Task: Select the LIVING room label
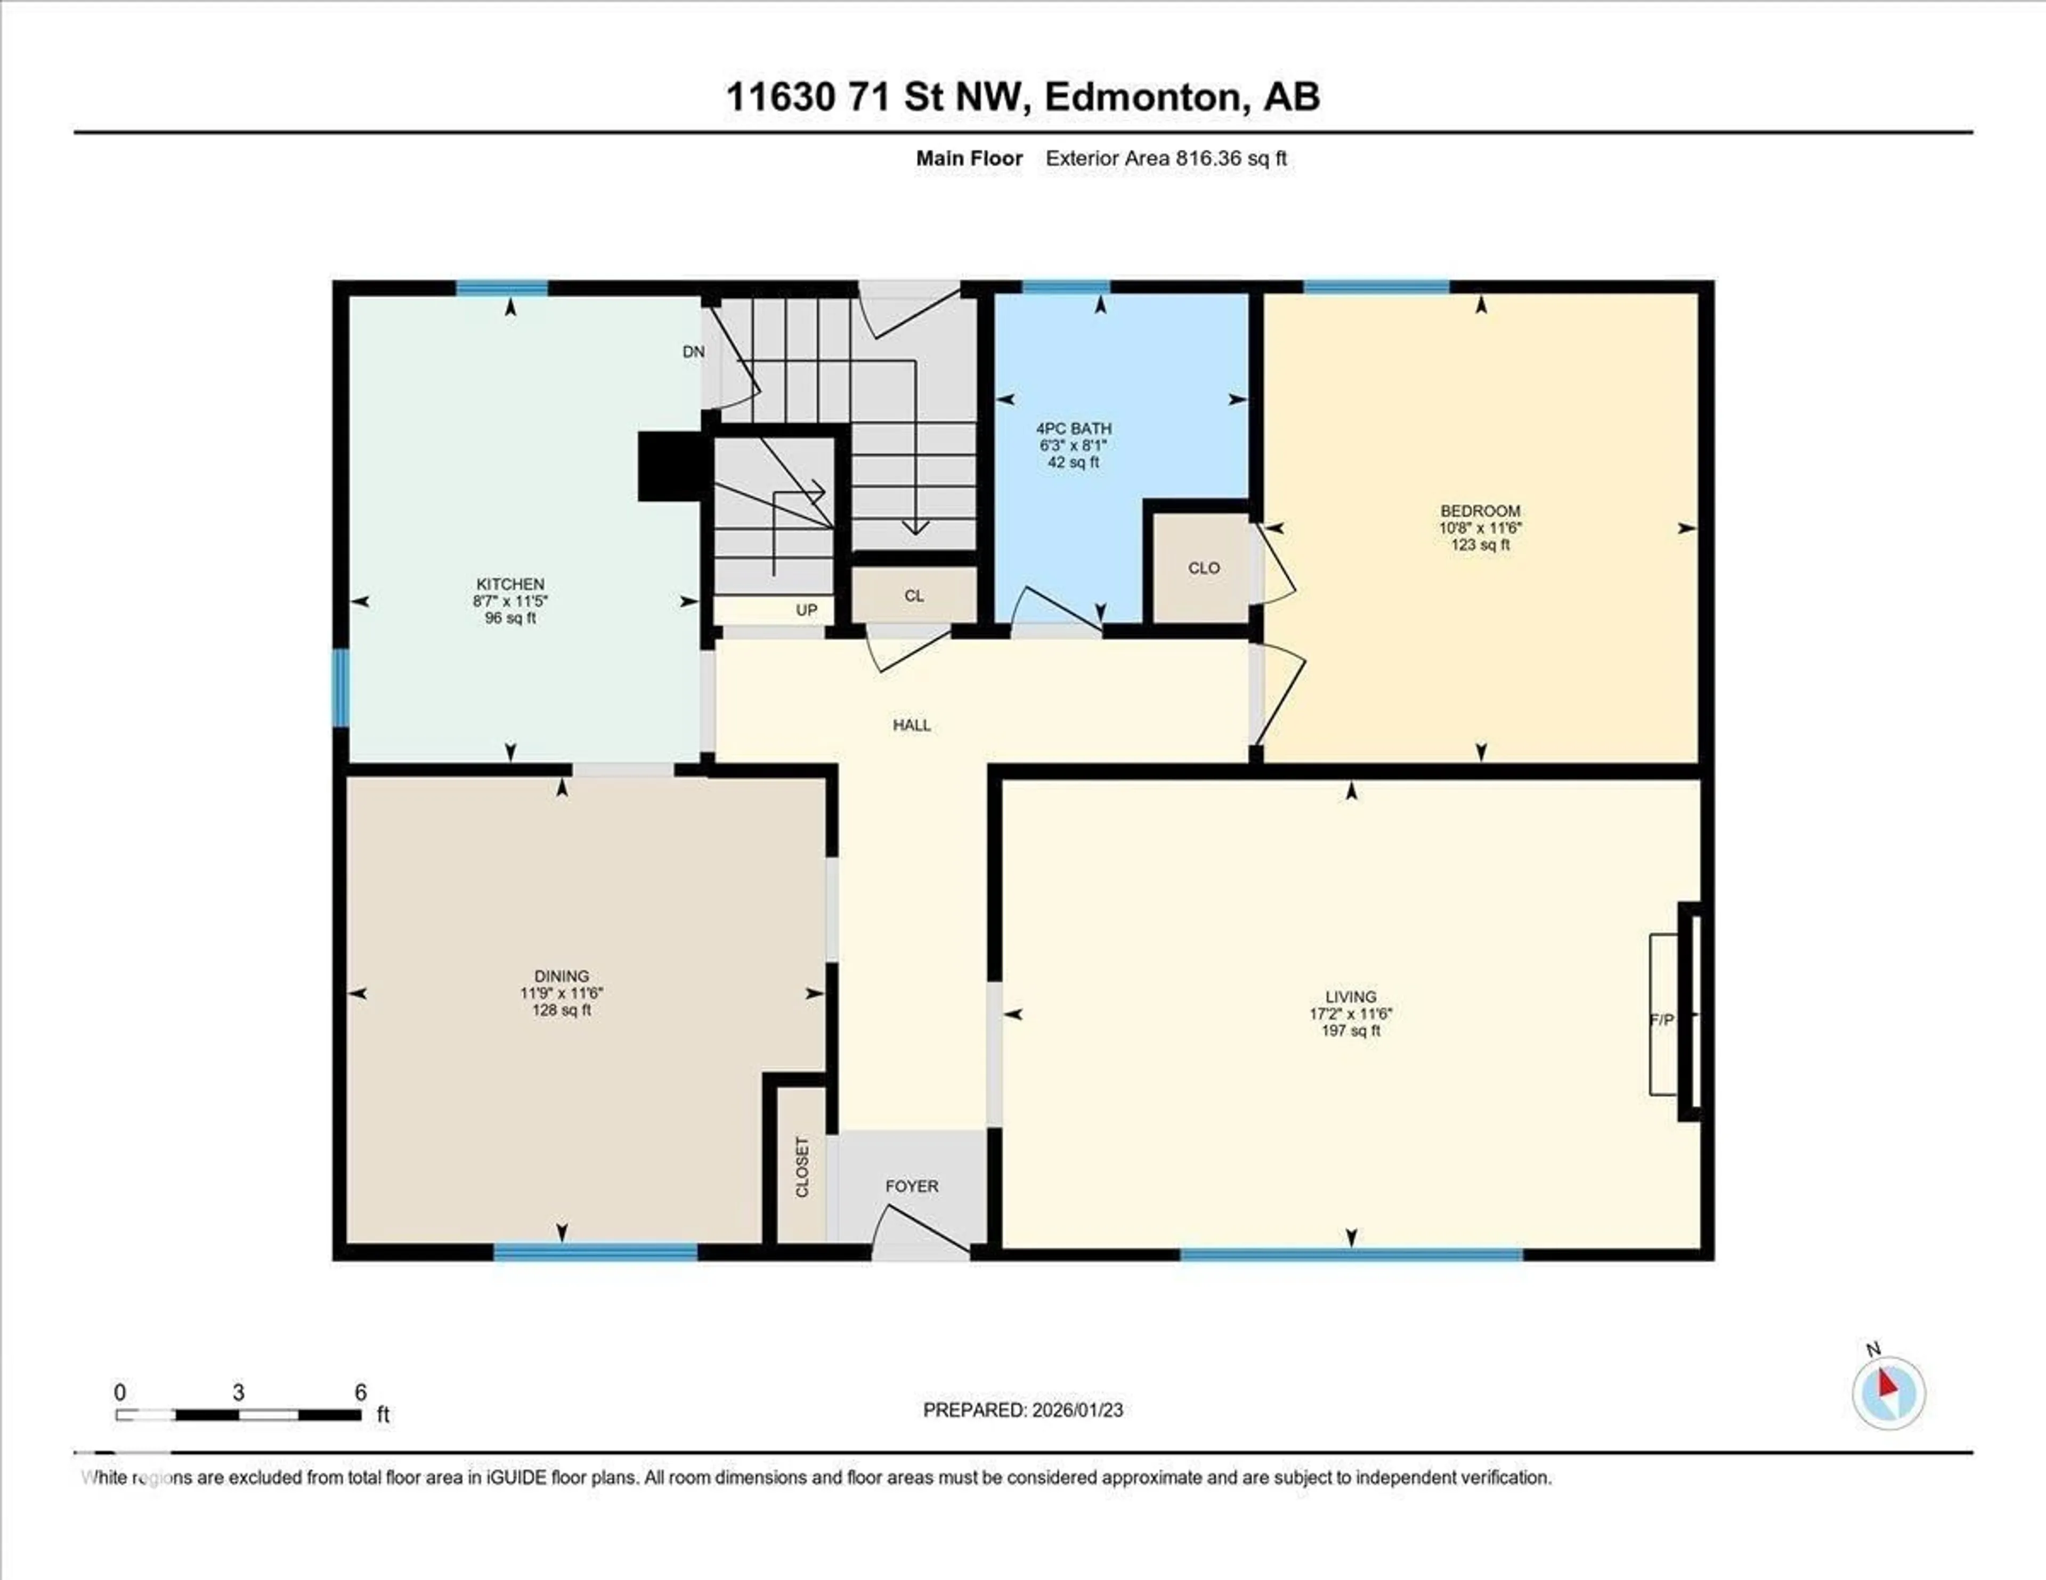pos(1350,997)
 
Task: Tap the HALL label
pos(912,725)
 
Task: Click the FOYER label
pos(912,1186)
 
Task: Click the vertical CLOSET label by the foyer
pos(802,1167)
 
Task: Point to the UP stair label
pos(807,610)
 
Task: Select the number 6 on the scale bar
pos(361,1392)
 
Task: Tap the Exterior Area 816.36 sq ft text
pos(1165,158)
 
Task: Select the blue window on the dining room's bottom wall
pos(596,1252)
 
